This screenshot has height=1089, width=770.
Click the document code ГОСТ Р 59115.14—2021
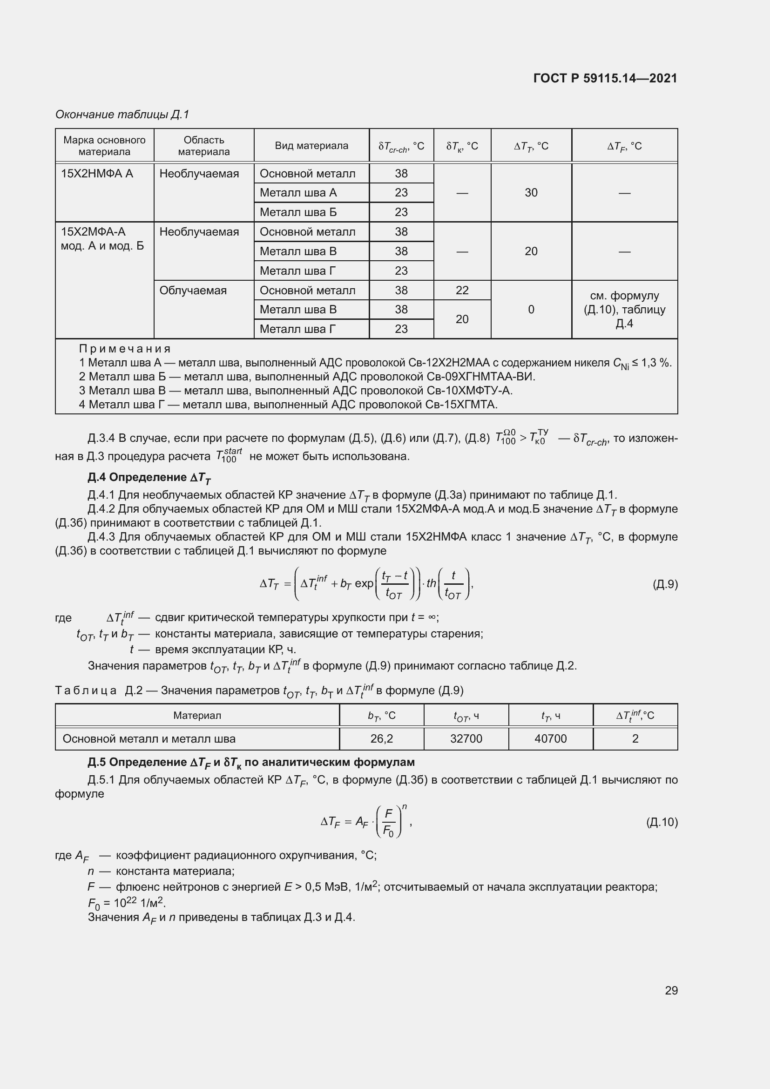(605, 78)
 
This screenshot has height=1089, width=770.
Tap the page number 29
(671, 990)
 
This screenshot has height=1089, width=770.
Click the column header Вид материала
(311, 146)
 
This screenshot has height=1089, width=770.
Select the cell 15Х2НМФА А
(97, 174)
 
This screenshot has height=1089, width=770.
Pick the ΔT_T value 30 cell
(531, 193)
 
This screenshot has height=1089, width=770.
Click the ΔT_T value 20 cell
(531, 251)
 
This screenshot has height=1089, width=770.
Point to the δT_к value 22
(462, 290)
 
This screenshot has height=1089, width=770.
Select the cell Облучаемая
(193, 290)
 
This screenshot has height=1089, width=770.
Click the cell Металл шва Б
(298, 212)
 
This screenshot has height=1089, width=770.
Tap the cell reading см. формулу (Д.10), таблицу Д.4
(624, 309)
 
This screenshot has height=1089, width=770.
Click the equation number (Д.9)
(665, 584)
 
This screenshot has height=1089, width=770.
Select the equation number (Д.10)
(662, 822)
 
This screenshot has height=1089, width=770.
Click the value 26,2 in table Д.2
(381, 738)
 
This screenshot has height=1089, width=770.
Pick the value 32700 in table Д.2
(466, 738)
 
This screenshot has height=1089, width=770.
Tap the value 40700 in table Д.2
(550, 738)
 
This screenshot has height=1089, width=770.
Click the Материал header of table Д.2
(197, 715)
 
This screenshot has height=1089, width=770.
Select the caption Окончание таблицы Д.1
(122, 115)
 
